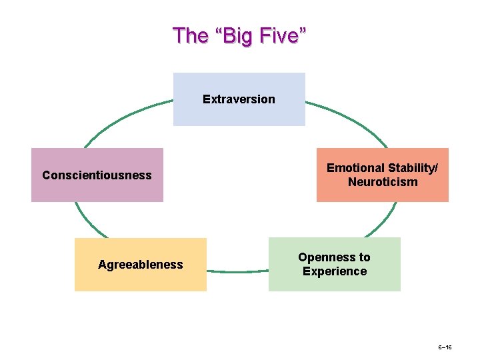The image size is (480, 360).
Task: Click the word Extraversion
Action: point(239,99)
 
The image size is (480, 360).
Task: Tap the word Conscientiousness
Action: point(97,175)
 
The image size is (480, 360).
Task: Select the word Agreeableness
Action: point(140,265)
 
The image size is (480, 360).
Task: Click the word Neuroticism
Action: point(383,182)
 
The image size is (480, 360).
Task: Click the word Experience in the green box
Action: point(335,271)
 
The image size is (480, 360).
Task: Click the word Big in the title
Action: point(238,35)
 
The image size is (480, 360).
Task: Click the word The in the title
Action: point(190,35)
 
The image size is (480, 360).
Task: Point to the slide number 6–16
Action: point(445,348)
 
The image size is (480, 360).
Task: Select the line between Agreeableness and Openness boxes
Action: point(237,271)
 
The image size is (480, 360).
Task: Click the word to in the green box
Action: point(363,257)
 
